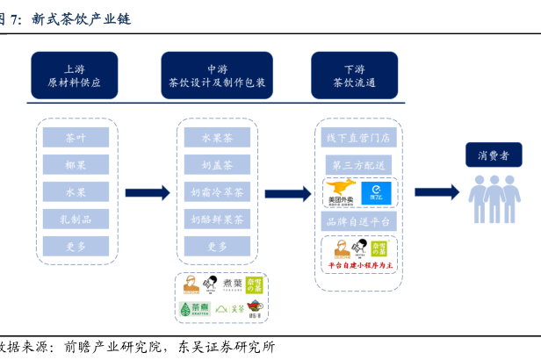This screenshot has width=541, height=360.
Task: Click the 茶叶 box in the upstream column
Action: pos(76,138)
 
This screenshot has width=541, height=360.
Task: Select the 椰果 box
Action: pos(76,165)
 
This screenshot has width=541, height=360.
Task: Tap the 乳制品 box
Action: pos(76,219)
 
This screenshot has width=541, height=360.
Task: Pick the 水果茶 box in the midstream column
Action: pos(217,138)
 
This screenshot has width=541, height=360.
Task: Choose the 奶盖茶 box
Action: pos(217,165)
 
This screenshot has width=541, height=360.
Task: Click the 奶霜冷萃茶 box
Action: pos(217,192)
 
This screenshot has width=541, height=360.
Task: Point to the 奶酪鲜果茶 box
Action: pos(217,219)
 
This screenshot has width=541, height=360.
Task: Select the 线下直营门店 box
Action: pos(358,138)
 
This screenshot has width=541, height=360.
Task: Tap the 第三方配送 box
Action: pos(358,165)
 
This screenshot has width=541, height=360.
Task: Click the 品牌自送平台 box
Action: pos(358,220)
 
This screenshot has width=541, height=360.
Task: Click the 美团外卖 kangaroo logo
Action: pos(340,191)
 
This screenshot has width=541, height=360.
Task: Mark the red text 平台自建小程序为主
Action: pos(360,264)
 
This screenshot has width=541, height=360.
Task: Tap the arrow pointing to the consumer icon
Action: pos(436,193)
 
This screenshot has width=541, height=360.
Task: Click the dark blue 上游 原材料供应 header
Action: pos(75,76)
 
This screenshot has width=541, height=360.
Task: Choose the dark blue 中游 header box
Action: pos(217,76)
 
